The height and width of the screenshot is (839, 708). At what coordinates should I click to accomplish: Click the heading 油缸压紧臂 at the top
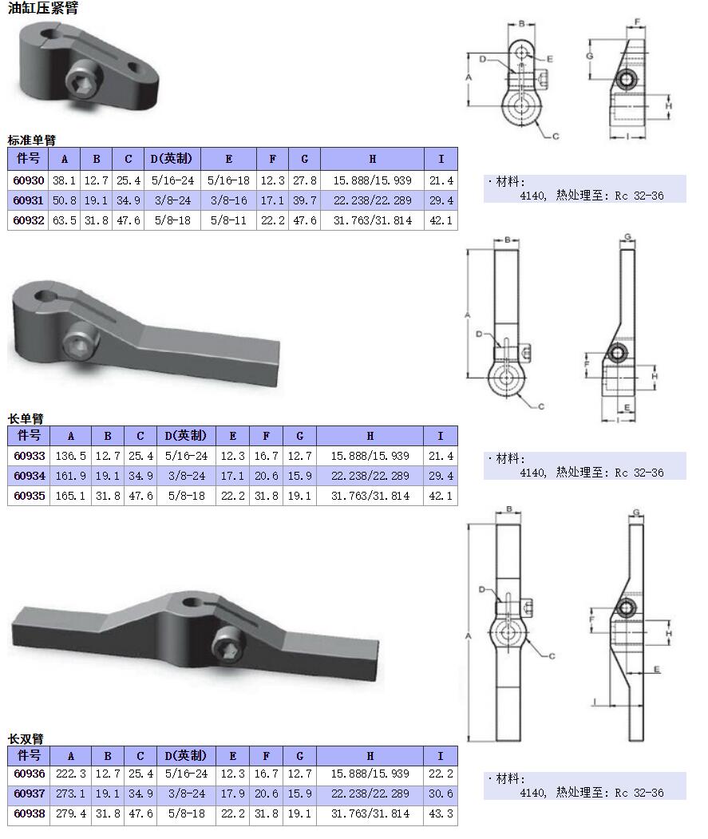tap(43, 9)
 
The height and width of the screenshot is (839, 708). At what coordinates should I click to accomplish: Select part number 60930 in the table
tap(29, 181)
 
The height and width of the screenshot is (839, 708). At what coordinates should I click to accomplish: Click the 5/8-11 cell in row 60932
tap(228, 220)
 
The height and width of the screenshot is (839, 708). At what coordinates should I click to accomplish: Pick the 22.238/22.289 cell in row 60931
tap(372, 200)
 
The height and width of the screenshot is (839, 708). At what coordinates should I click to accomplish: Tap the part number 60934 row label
tap(29, 476)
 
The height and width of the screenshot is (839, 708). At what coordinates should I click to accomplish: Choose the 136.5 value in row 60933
tap(70, 456)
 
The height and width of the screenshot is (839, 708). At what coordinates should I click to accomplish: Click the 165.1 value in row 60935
tap(70, 496)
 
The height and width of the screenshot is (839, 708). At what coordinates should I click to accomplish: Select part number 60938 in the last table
tap(29, 814)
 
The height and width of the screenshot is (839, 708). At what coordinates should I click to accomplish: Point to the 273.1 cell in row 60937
tap(70, 794)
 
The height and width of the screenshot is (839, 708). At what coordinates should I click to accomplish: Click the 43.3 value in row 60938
tap(440, 814)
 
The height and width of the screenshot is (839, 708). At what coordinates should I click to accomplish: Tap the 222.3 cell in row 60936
tap(70, 774)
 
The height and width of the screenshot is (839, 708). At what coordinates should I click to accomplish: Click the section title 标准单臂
tap(32, 140)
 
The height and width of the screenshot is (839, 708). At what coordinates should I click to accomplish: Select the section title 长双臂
tap(26, 738)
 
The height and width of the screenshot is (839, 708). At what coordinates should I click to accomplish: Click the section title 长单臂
tap(26, 418)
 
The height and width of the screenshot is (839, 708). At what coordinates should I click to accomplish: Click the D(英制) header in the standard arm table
tap(172, 158)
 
